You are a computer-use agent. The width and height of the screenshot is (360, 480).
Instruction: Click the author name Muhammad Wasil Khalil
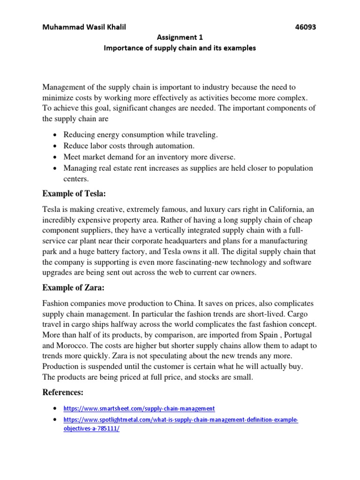tap(84, 27)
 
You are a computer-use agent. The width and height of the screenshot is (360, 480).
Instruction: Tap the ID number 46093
tap(305, 27)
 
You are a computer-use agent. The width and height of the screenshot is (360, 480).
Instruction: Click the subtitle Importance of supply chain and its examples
tap(180, 48)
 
